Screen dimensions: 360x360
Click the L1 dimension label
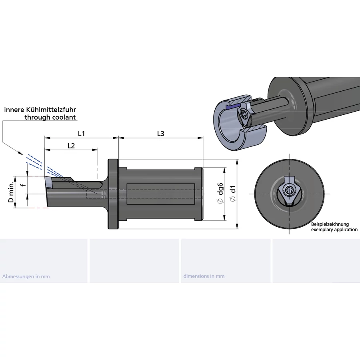(82, 133)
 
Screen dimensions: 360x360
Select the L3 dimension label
(160, 134)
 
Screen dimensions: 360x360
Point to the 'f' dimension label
(23, 185)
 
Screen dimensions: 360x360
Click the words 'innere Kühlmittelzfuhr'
(40, 109)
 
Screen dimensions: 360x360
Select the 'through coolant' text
(50, 117)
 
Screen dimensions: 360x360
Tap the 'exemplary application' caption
(334, 230)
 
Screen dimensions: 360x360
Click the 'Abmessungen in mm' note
(26, 276)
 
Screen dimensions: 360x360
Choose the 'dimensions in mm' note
(204, 276)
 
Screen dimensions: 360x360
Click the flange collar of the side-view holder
(113, 194)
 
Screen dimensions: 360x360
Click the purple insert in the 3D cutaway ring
(232, 107)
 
